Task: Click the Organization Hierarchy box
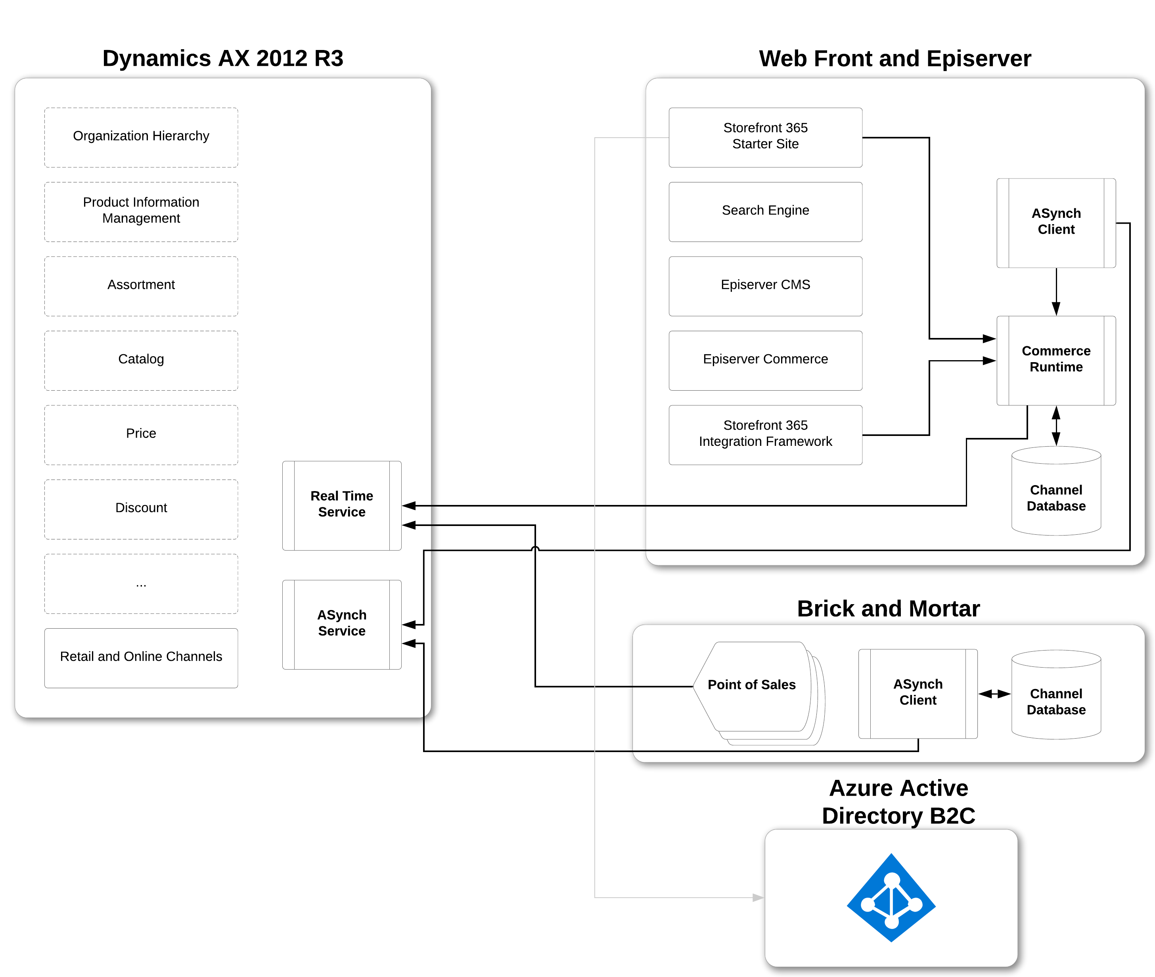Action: pyautogui.click(x=141, y=137)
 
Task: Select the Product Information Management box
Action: pyautogui.click(x=141, y=211)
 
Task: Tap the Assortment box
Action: pyautogui.click(x=141, y=285)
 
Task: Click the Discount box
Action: pyautogui.click(x=141, y=509)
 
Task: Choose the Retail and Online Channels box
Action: pyautogui.click(x=141, y=657)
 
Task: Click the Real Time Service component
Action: pyautogui.click(x=342, y=505)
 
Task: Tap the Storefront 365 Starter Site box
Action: pyautogui.click(x=765, y=137)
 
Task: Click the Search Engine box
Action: pyautogui.click(x=765, y=211)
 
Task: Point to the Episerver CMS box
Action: pyautogui.click(x=765, y=285)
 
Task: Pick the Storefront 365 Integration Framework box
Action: pyautogui.click(x=765, y=434)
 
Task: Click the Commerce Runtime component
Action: pyautogui.click(x=1055, y=360)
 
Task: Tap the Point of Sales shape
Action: pyautogui.click(x=752, y=686)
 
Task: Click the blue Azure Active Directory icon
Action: pyautogui.click(x=891, y=897)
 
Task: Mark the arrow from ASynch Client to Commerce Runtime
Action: pyautogui.click(x=1055, y=292)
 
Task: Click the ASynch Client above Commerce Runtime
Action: pyautogui.click(x=1055, y=222)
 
